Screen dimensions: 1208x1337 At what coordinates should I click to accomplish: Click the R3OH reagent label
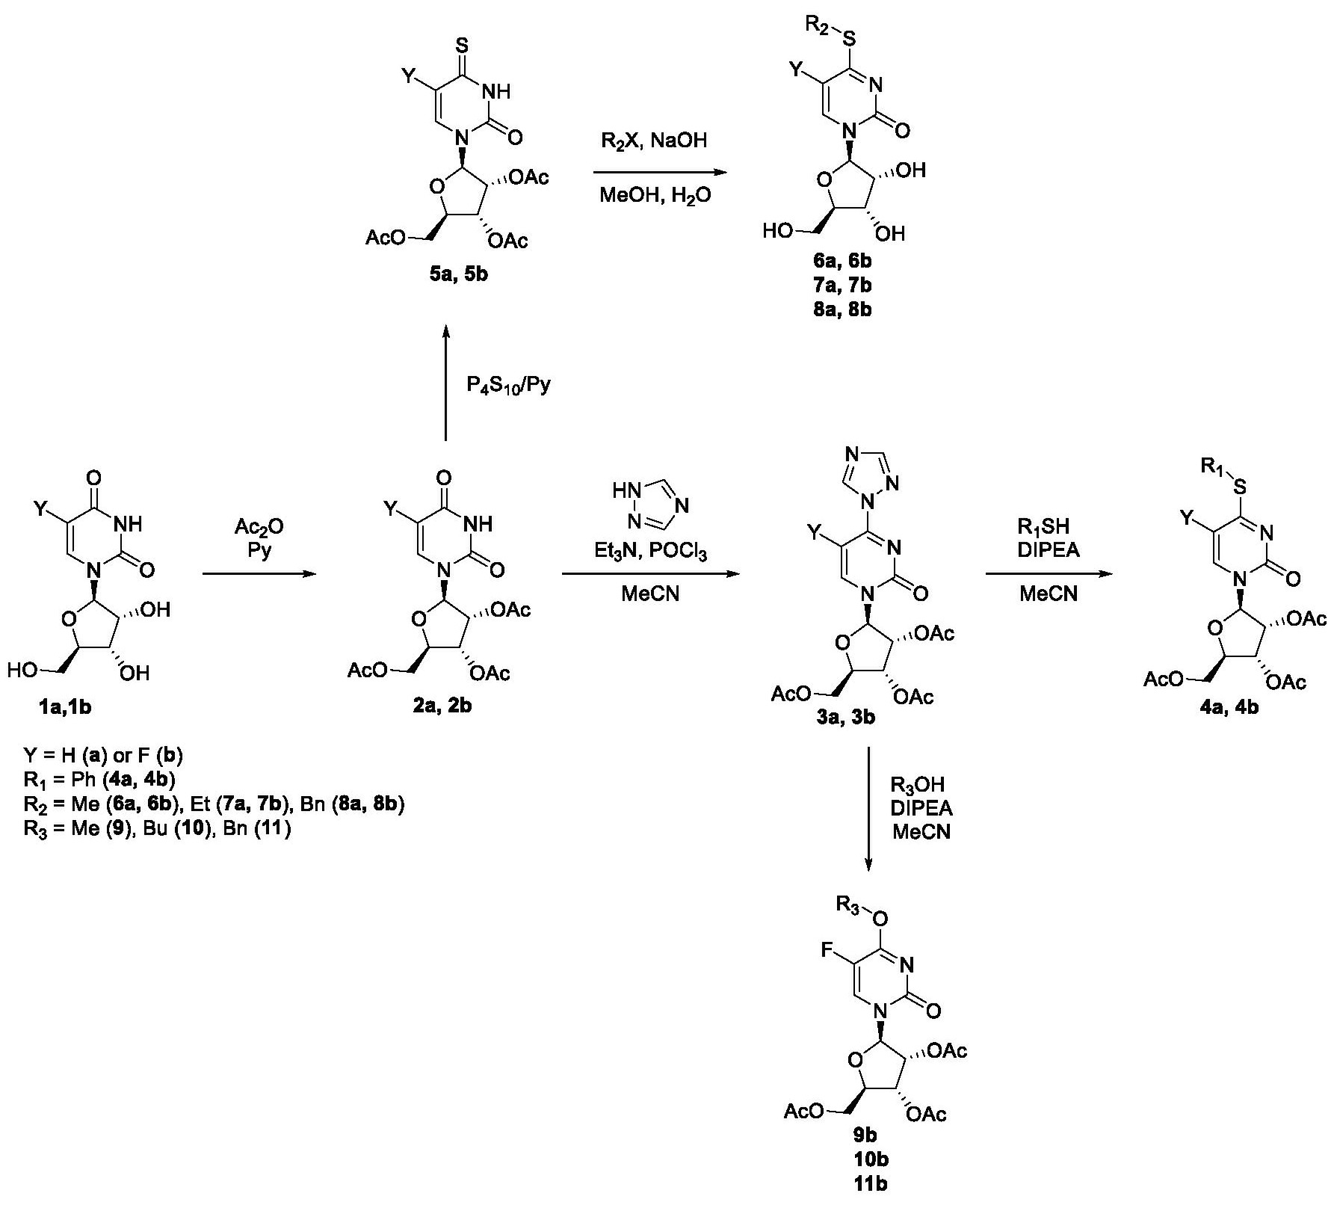point(918,785)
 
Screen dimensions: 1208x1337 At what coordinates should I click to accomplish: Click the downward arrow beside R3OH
point(868,807)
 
